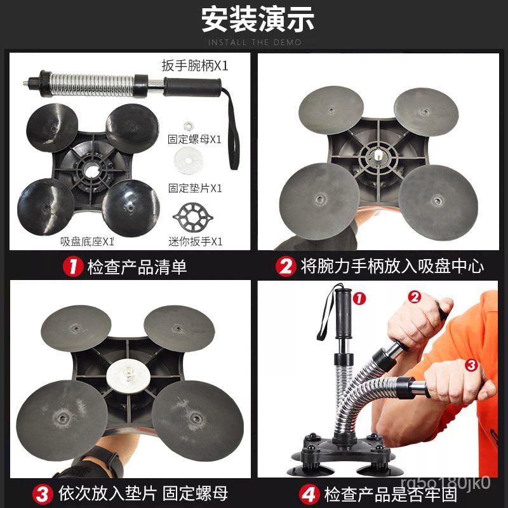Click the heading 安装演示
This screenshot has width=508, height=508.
pyautogui.click(x=258, y=20)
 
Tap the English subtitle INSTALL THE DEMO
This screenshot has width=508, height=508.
pyautogui.click(x=255, y=43)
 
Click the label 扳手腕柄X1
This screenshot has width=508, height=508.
pyautogui.click(x=195, y=66)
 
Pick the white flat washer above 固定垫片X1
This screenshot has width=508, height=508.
pyautogui.click(x=189, y=161)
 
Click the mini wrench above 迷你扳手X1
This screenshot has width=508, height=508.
pyautogui.click(x=193, y=217)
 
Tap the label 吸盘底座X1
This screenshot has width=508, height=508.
pyautogui.click(x=87, y=241)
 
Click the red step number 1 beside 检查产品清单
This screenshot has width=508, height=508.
pyautogui.click(x=73, y=267)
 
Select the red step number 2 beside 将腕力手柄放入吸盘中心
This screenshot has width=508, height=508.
pyautogui.click(x=286, y=267)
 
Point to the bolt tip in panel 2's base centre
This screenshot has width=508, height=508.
pyautogui.click(x=378, y=156)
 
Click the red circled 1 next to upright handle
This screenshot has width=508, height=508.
pyautogui.click(x=359, y=298)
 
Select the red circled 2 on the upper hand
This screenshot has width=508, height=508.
pyautogui.click(x=415, y=297)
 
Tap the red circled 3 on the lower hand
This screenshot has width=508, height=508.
pyautogui.click(x=471, y=365)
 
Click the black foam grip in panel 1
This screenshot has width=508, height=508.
pyautogui.click(x=192, y=87)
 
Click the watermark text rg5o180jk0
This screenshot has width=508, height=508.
pyautogui.click(x=445, y=483)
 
